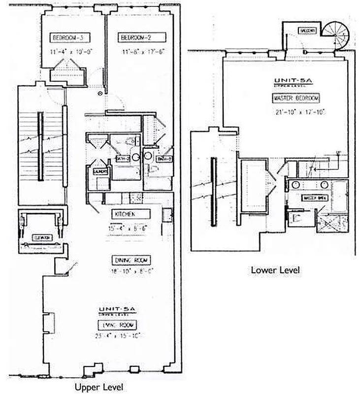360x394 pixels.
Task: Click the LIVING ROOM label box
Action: point(117,325)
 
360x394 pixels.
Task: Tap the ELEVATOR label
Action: point(41,237)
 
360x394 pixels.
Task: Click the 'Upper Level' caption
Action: point(98,387)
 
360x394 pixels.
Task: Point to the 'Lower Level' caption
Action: point(275,270)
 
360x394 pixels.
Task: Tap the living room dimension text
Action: point(118,336)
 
